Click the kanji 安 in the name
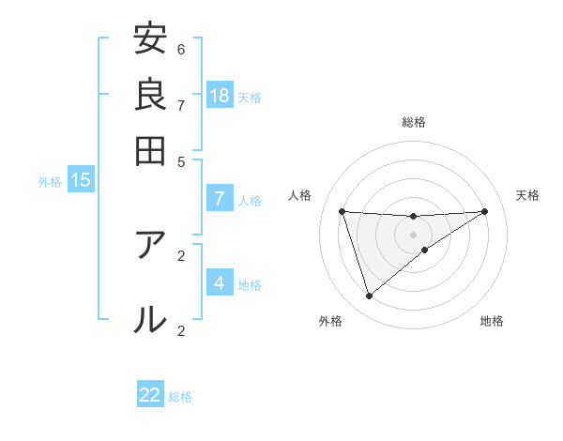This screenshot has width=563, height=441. pos(150,39)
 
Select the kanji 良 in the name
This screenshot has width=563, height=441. pos(150,95)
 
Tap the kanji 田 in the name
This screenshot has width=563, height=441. pos(150,150)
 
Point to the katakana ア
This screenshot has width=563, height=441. pos(150,245)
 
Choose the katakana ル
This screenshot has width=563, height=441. pos(150,319)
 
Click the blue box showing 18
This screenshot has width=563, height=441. pos(220,96)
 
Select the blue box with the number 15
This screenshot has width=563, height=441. pos(81,180)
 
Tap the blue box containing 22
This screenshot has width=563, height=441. pos(150,395)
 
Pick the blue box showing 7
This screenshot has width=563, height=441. pos(220,199)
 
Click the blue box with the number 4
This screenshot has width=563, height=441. pos(220,283)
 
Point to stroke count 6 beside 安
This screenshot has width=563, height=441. pos(181,49)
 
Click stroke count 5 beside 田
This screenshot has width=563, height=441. pos(181,160)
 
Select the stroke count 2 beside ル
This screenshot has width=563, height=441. pos(181,329)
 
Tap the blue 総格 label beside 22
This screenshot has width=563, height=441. pos(180,397)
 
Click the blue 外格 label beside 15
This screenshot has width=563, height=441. pos(50,182)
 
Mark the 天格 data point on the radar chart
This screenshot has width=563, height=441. pos(484,211)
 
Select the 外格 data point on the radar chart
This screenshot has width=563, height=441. pos(369,297)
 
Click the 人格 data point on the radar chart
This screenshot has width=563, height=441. pos(342,211)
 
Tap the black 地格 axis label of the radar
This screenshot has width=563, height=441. pos(492,322)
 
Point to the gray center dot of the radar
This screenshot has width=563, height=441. pos(413,234)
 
